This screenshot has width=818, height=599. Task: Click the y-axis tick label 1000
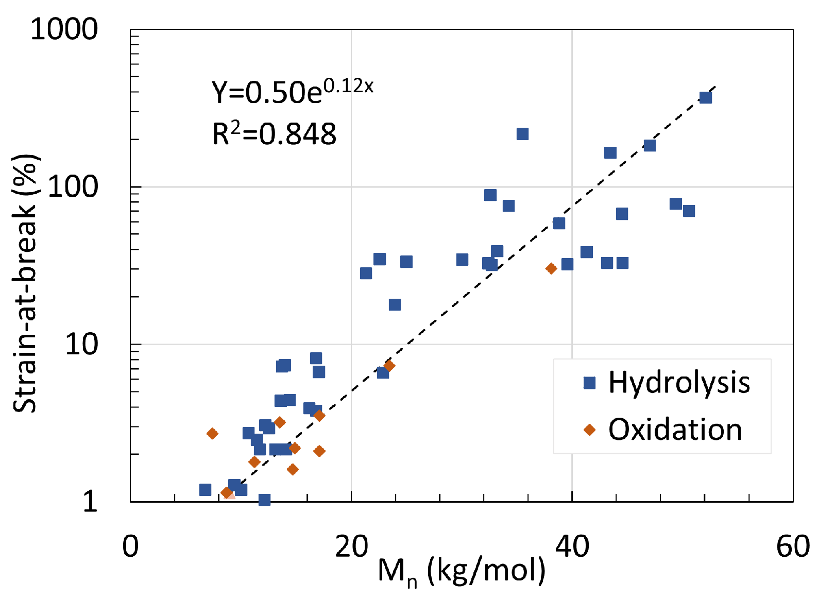click(x=64, y=29)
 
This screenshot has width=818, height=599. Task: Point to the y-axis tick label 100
click(x=73, y=186)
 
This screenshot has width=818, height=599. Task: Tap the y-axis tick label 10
click(x=81, y=344)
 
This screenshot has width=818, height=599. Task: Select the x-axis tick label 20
click(x=351, y=547)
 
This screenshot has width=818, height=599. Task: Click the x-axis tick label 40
click(x=572, y=547)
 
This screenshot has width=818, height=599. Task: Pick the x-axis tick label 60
click(x=793, y=547)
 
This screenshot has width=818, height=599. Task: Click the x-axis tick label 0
click(x=130, y=547)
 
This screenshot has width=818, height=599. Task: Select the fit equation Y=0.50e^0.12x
click(x=292, y=91)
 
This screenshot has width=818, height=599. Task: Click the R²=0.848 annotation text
click(x=274, y=134)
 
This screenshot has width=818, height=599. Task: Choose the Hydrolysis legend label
click(x=679, y=383)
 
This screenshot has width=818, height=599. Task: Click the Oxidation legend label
click(x=675, y=430)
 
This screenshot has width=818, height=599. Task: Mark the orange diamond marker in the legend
click(x=589, y=430)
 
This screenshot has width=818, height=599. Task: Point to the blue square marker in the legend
click(x=589, y=383)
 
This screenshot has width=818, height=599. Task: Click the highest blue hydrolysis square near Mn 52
click(x=705, y=97)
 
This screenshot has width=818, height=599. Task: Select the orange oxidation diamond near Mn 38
click(x=551, y=268)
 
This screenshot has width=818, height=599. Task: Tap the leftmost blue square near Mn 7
click(x=205, y=489)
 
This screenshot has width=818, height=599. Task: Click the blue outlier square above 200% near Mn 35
click(x=522, y=134)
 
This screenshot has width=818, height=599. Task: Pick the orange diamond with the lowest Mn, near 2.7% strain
click(x=212, y=434)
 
